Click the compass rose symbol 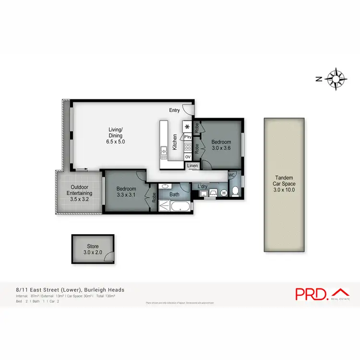(336, 80)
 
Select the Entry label (174, 110)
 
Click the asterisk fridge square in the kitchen (187, 127)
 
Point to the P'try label (188, 137)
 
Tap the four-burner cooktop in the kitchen (188, 147)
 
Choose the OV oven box (188, 156)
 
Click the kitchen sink (164, 152)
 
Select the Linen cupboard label (192, 166)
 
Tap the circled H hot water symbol (224, 193)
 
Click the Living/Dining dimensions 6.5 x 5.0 (116, 142)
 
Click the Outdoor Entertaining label (79, 191)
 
